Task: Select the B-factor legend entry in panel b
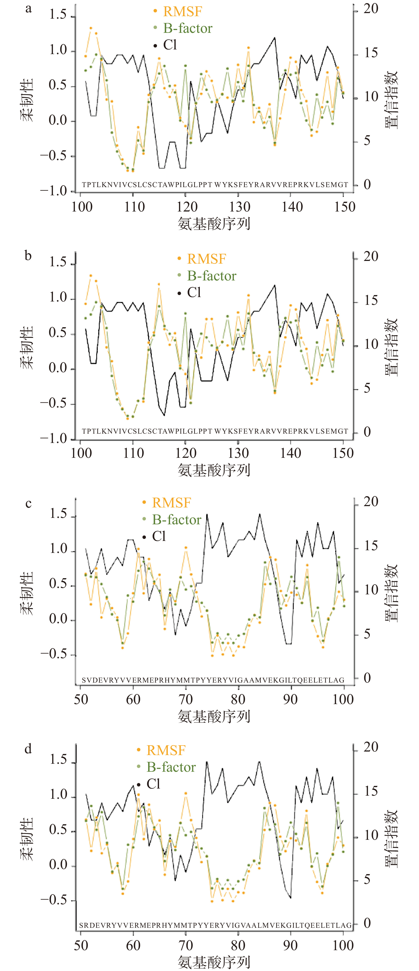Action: (211, 276)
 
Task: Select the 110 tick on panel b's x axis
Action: (133, 453)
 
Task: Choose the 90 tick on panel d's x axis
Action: (290, 945)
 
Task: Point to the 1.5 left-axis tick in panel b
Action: (58, 262)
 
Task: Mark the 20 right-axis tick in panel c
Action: (371, 502)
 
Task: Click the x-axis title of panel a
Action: (214, 224)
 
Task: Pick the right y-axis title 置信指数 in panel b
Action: (391, 347)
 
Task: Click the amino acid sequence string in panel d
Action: (215, 925)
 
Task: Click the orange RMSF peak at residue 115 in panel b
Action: (159, 284)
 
